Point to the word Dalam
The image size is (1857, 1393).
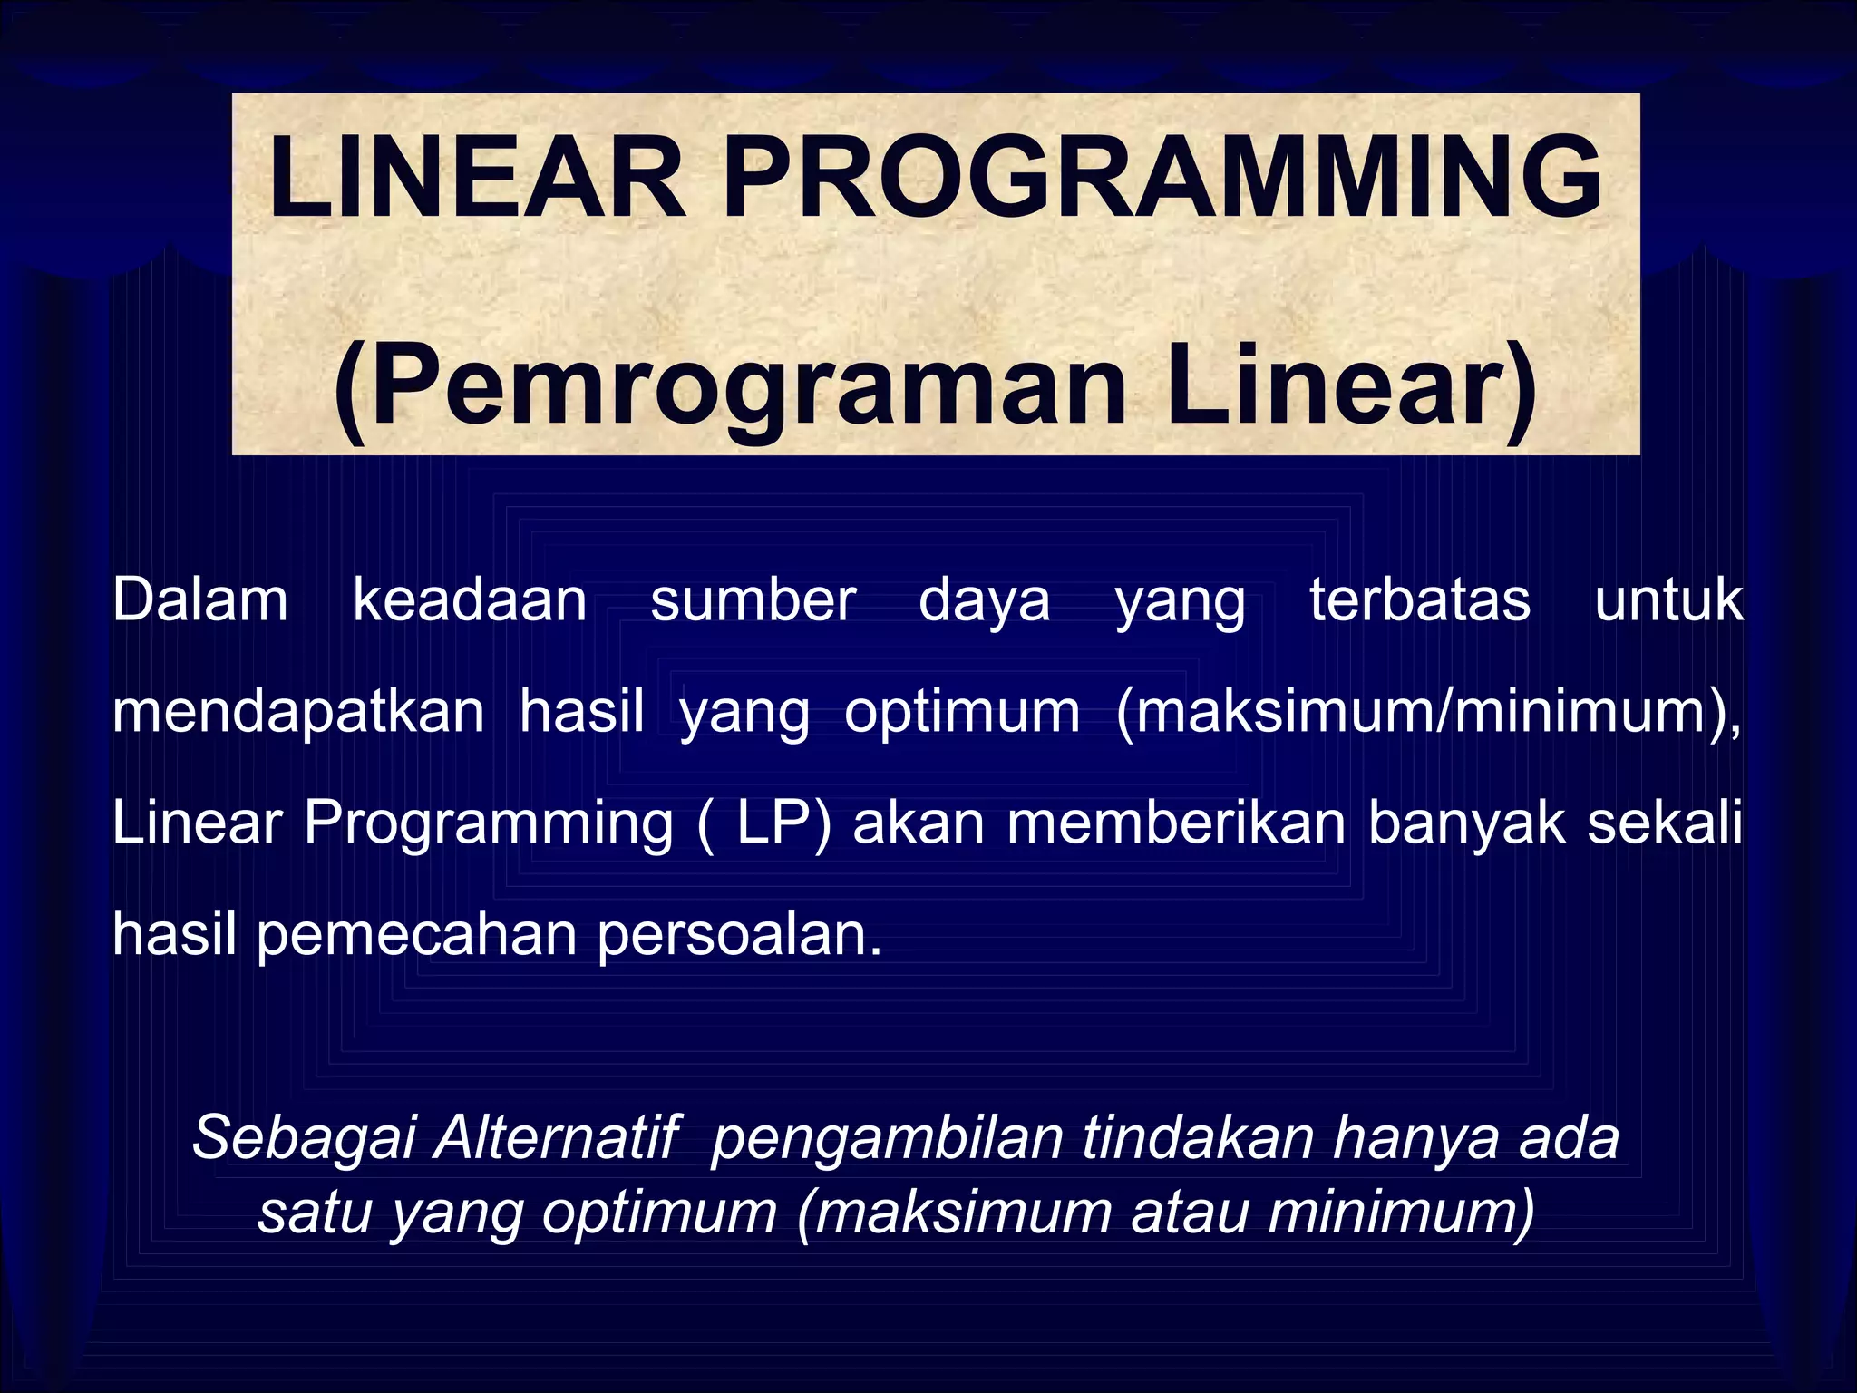[x=200, y=600]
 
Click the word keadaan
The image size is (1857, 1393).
[x=470, y=600]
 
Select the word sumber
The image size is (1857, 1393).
[x=753, y=600]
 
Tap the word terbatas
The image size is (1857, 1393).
[x=1420, y=600]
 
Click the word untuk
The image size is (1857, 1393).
[x=1668, y=600]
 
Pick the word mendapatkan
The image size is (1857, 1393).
[x=298, y=713]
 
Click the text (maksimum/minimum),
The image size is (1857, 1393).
[x=1428, y=713]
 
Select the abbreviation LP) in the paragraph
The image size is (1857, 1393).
[x=783, y=823]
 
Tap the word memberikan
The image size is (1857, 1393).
[x=1176, y=823]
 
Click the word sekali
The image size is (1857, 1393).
[x=1665, y=823]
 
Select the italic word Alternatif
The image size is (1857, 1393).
[x=555, y=1137]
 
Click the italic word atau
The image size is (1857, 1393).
[x=1189, y=1212]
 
